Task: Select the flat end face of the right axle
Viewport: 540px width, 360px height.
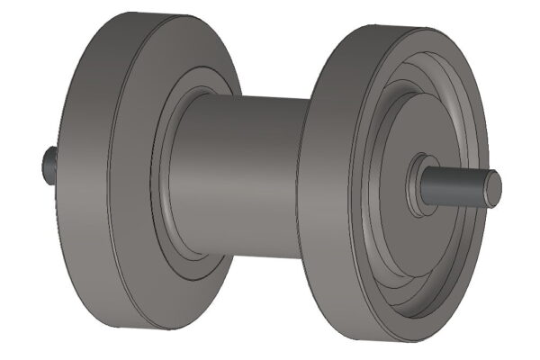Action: pos(492,189)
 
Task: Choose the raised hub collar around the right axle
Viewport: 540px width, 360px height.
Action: pos(416,184)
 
